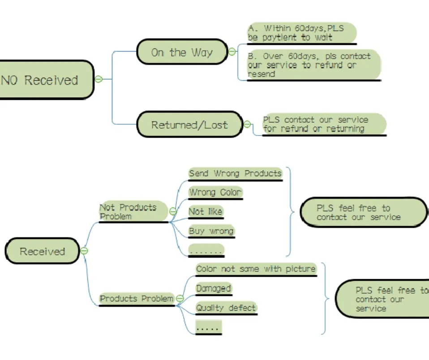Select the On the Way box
(181, 52)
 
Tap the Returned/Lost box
(189, 125)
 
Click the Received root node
(42, 251)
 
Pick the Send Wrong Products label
(235, 173)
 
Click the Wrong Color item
(215, 193)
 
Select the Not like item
(206, 212)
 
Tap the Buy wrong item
(211, 231)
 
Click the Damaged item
(214, 288)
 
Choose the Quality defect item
(226, 308)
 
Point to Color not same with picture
(256, 269)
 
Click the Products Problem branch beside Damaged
(137, 299)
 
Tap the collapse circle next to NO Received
(99, 79)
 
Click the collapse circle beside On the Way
(232, 52)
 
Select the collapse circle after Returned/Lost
(247, 125)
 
